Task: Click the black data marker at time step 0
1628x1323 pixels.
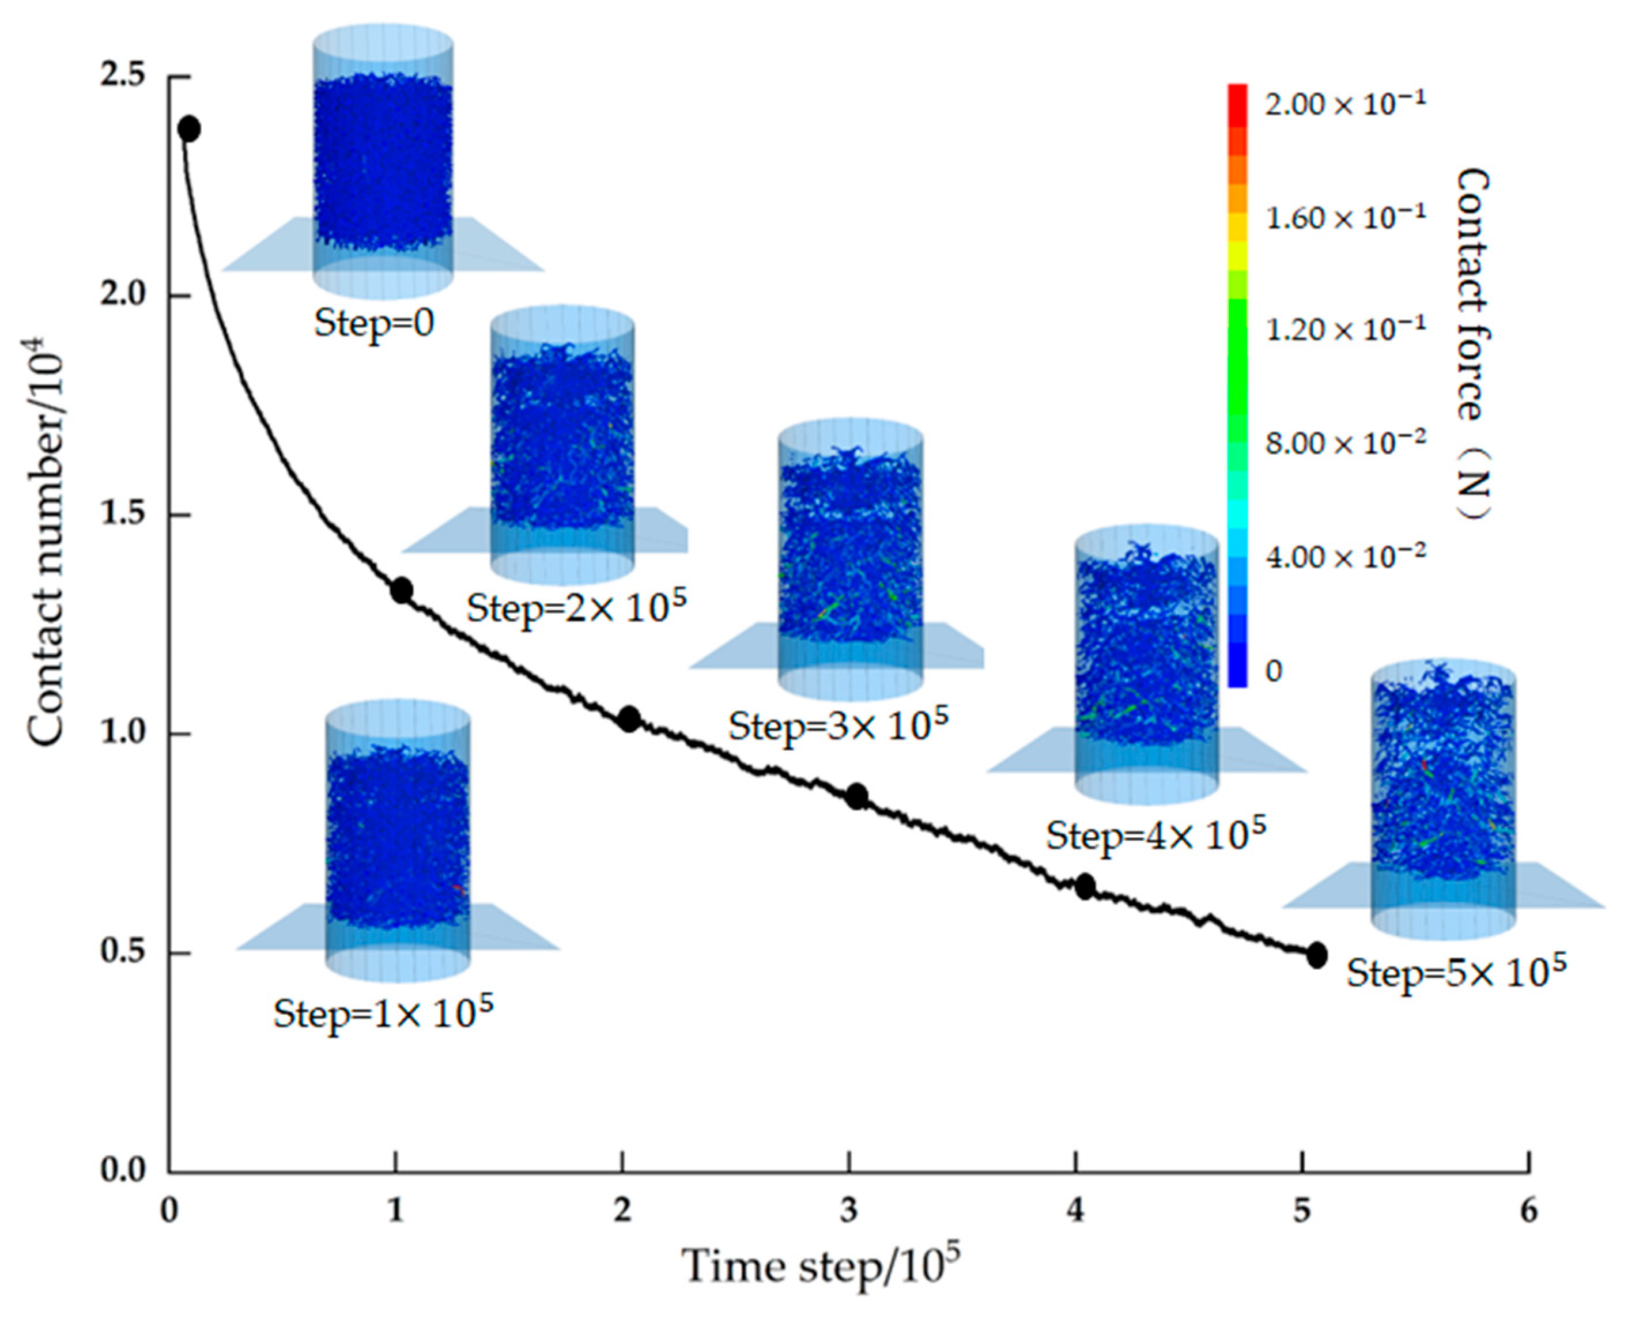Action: pos(189,129)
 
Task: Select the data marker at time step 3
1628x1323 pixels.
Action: pos(857,796)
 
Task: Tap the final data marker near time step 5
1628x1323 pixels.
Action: pos(1316,955)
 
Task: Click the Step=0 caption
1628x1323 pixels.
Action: pos(374,323)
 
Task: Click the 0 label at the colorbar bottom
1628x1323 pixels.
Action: pos(1274,671)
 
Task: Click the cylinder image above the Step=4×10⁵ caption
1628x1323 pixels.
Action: pos(1146,663)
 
